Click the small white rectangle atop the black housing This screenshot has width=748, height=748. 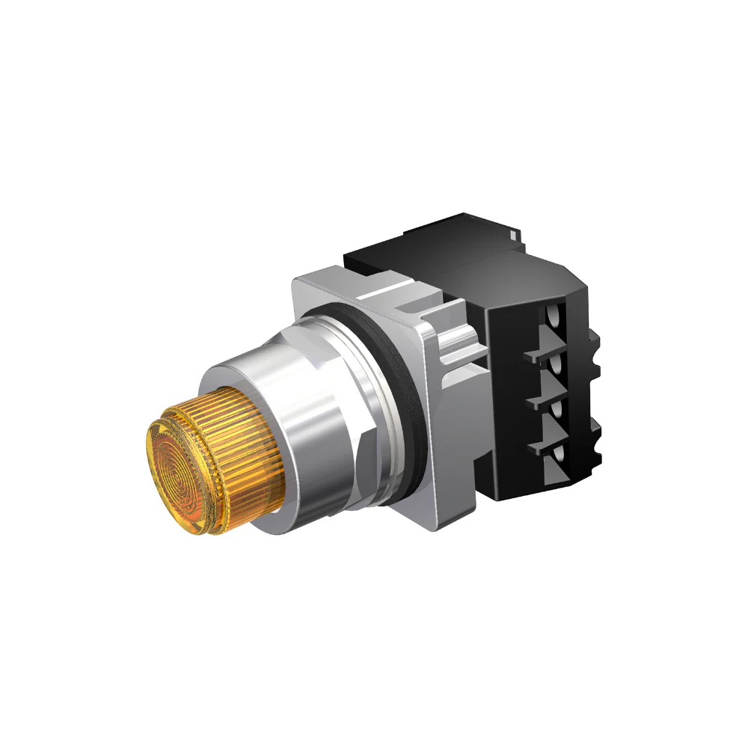pos(513,233)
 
